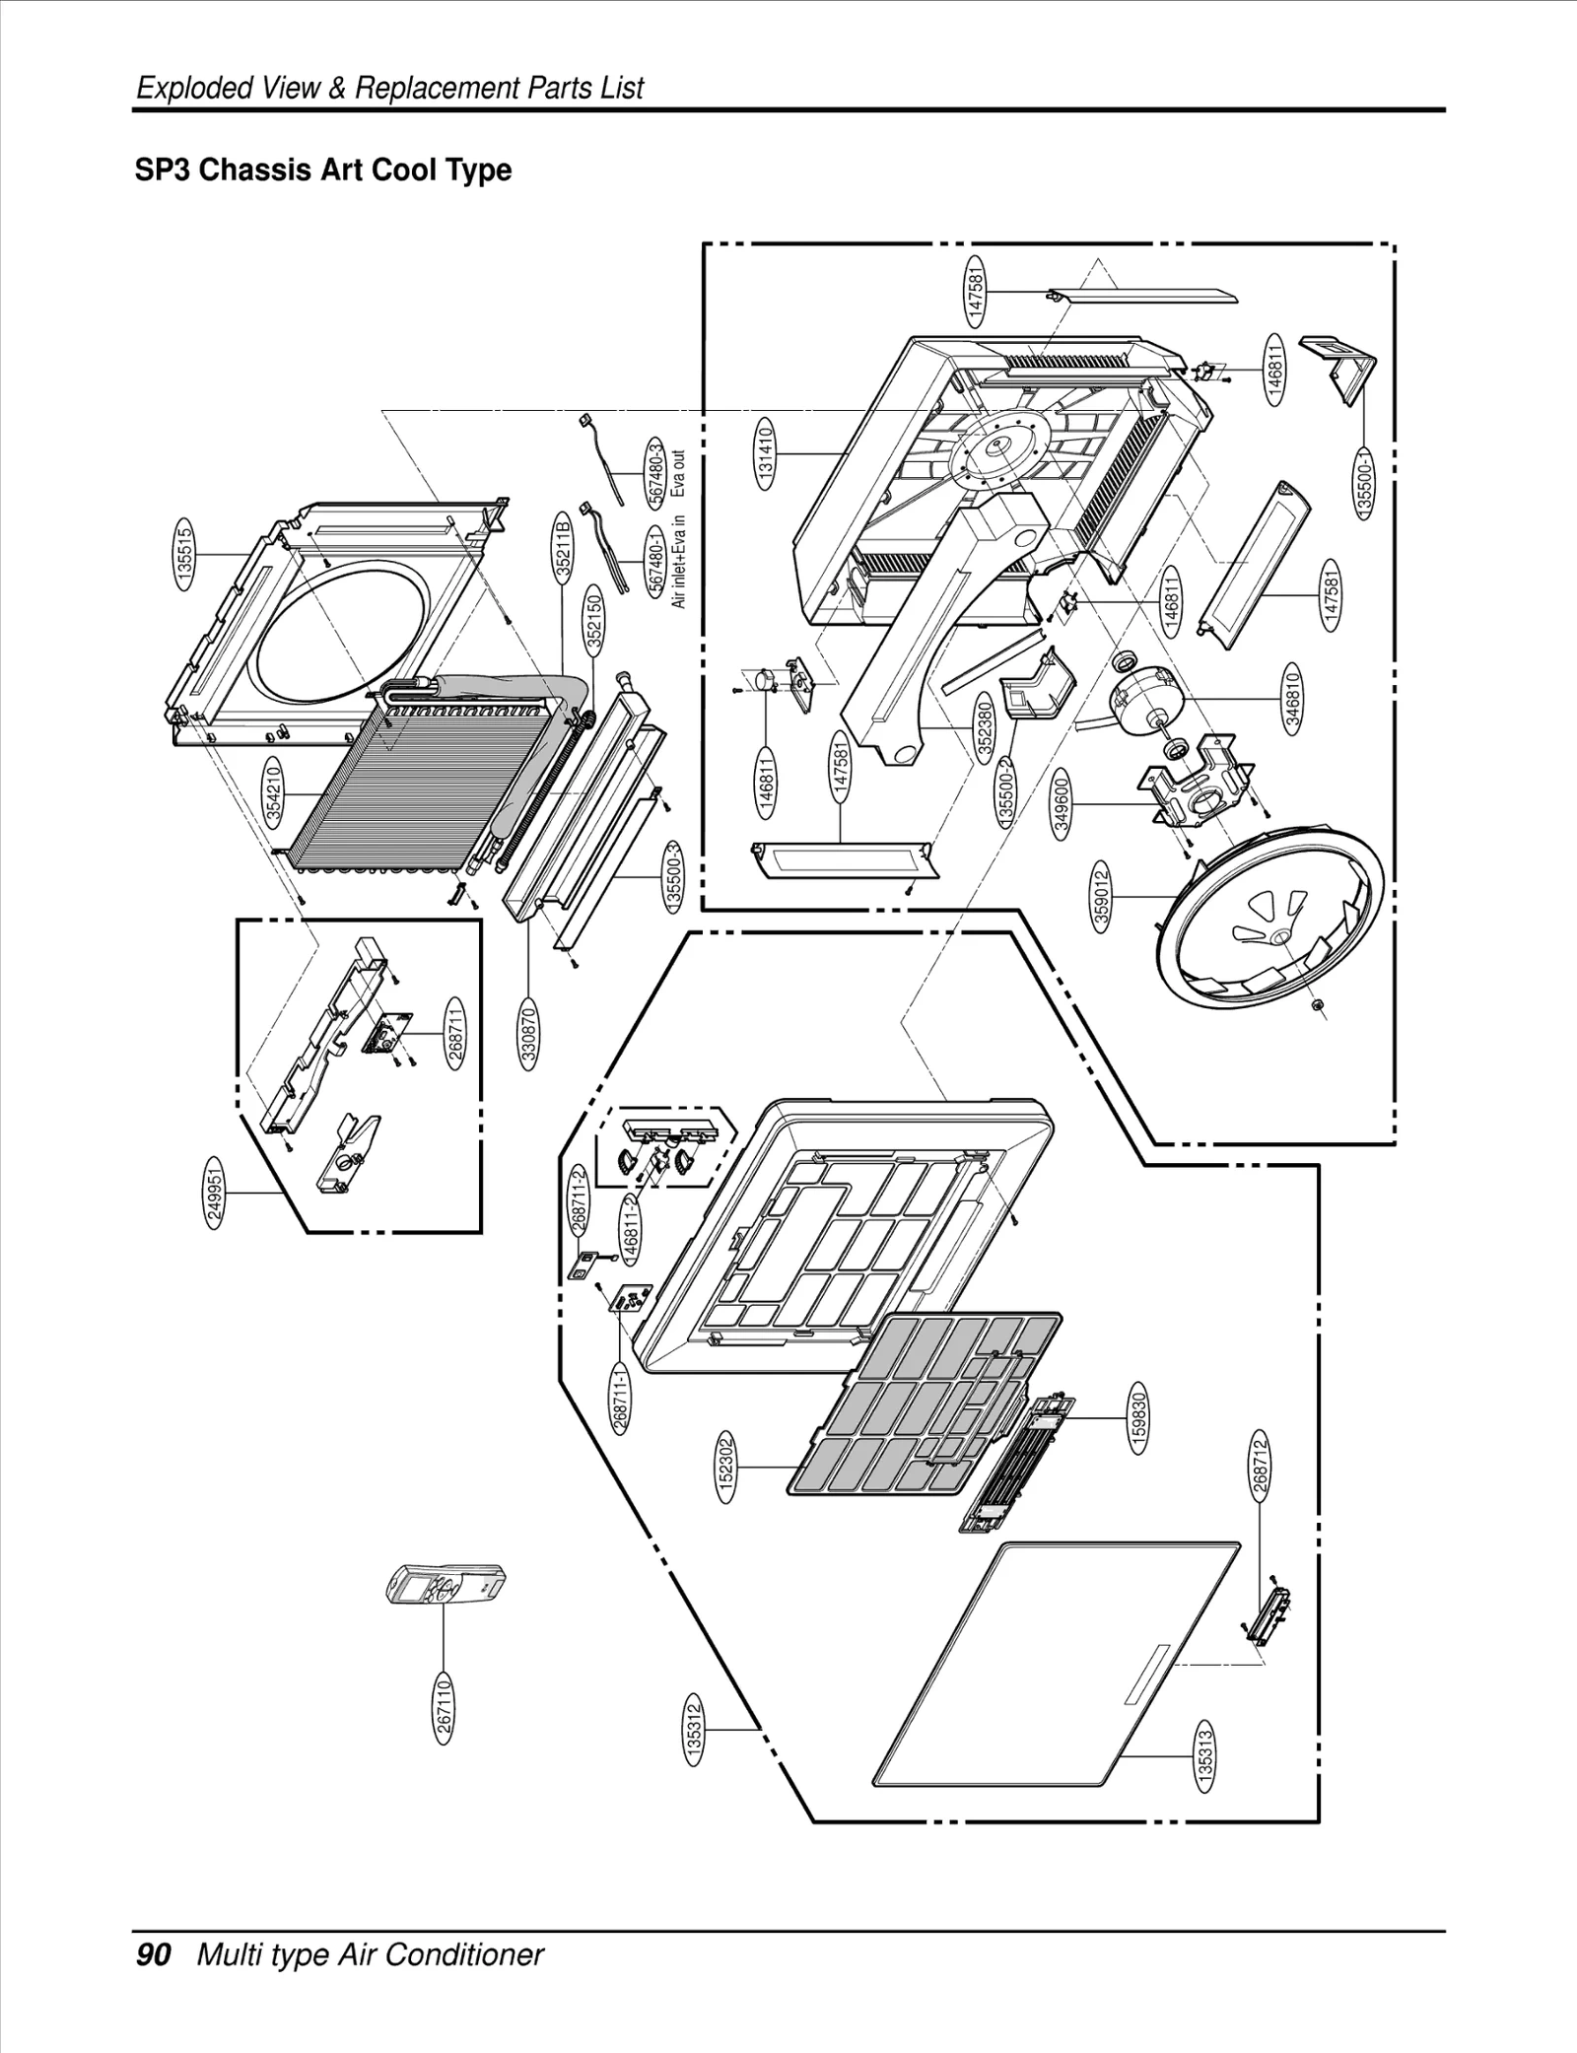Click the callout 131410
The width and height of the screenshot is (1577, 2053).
766,452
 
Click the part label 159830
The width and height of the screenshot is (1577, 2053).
1139,1418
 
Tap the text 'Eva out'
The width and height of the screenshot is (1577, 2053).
678,474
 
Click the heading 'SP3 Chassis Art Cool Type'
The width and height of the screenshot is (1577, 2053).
323,171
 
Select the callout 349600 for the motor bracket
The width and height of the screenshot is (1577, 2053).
1062,806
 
